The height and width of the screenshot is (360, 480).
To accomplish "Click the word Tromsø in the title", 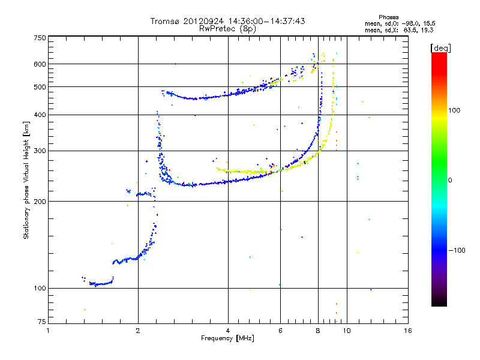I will (164, 22).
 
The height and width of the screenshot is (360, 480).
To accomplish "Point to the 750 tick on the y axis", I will (40, 37).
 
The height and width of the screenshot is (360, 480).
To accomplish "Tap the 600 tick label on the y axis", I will (40, 64).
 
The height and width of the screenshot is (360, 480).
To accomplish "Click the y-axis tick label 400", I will (40, 115).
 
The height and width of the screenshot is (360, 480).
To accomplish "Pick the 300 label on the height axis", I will (40, 151).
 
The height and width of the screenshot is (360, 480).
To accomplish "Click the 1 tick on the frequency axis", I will (48, 331).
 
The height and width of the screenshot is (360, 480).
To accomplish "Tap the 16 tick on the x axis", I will (408, 331).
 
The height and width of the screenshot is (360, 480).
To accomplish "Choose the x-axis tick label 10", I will (346, 331).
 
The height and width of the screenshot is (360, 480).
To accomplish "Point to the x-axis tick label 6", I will (280, 331).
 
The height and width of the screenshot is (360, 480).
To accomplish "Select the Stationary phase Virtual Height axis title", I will (26, 180).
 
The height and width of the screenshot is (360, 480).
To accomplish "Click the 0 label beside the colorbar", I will (451, 180).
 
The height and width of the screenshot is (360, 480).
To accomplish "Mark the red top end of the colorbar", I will (439, 55).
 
